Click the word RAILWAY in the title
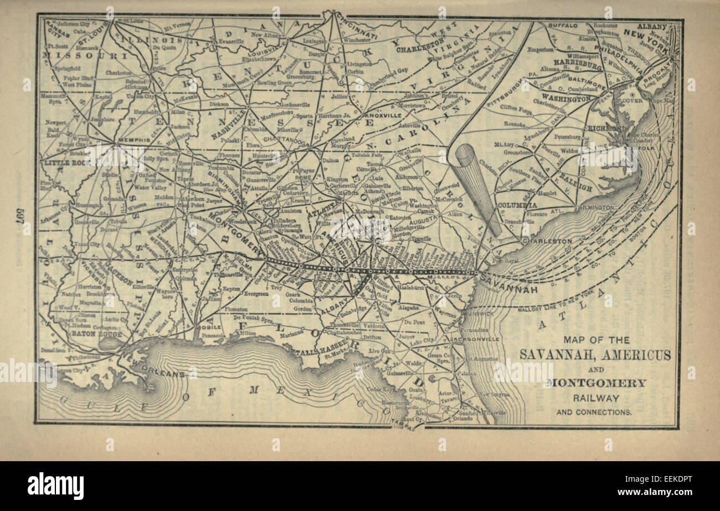[595, 398]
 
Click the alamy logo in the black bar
[55, 486]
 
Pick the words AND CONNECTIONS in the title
[594, 412]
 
